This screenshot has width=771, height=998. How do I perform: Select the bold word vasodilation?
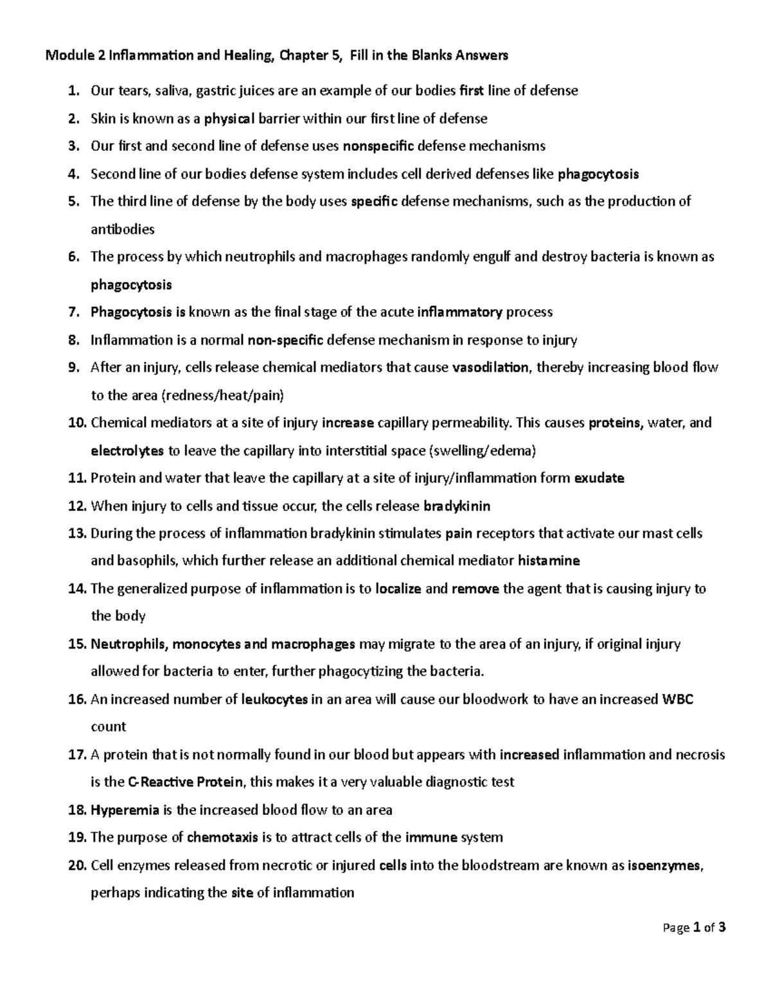tap(491, 368)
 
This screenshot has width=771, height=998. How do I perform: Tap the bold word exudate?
tap(599, 478)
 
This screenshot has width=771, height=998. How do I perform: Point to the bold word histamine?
tap(549, 560)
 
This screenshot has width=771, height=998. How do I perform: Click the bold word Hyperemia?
tap(125, 810)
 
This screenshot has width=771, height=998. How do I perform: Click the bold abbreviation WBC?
tap(677, 699)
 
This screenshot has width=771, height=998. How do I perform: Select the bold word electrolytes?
tap(127, 450)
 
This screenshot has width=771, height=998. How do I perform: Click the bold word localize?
tap(398, 589)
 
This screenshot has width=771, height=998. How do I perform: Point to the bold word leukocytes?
tap(274, 699)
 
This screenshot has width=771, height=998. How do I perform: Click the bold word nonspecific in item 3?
tap(378, 146)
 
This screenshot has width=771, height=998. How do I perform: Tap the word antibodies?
tap(123, 229)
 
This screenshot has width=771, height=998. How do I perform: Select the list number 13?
tap(76, 533)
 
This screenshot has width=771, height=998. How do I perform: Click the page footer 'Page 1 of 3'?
tap(695, 927)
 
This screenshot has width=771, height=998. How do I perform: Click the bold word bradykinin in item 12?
tap(457, 506)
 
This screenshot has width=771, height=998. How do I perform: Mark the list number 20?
tap(76, 865)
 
